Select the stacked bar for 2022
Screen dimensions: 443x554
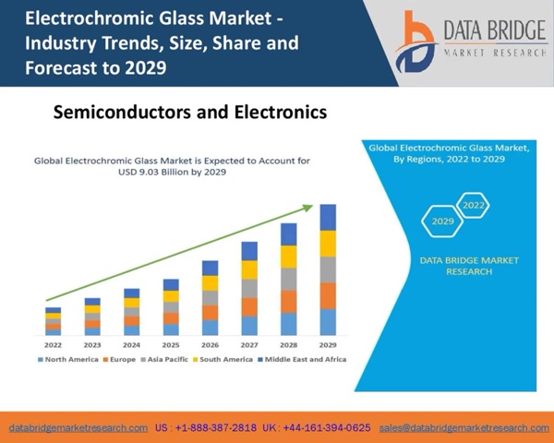(x=54, y=321)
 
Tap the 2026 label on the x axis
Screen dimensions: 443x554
(x=210, y=344)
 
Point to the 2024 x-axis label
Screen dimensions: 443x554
(x=131, y=344)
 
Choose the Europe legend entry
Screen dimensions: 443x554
(x=120, y=359)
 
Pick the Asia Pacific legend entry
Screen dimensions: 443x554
(x=164, y=359)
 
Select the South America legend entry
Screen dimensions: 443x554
(x=222, y=359)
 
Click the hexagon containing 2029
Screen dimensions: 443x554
(x=442, y=221)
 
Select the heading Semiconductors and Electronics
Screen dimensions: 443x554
(x=190, y=113)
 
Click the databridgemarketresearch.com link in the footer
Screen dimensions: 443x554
(x=78, y=428)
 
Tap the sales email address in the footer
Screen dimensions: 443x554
(x=464, y=428)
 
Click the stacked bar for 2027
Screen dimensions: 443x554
(x=249, y=289)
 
